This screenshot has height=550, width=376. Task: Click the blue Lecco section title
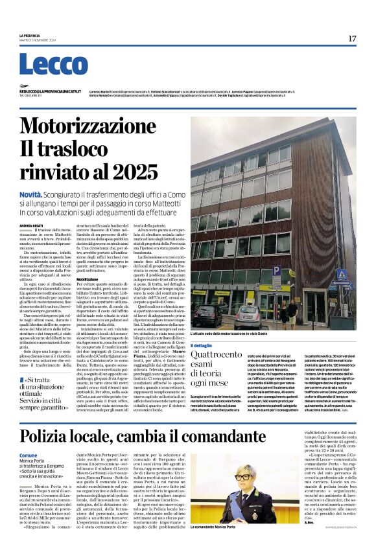(53, 65)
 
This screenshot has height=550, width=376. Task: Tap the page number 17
(352, 38)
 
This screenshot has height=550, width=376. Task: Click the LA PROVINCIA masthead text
(30, 35)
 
